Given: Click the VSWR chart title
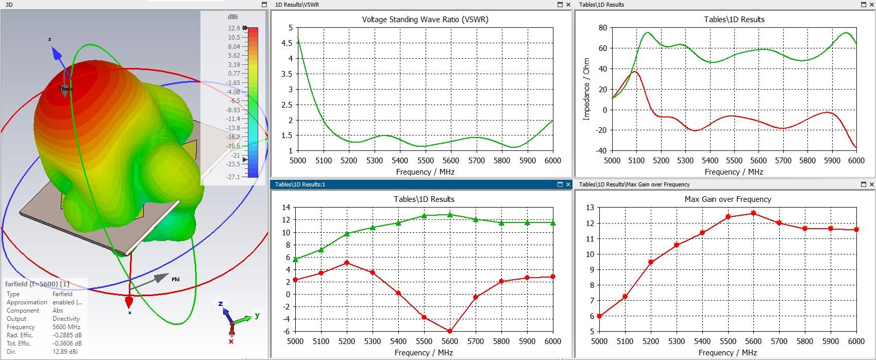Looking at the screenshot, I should [425, 20].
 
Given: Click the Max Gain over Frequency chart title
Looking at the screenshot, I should [728, 199].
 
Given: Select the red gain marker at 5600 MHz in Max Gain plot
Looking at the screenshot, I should [753, 213].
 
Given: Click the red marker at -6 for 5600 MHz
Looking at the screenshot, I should [450, 331].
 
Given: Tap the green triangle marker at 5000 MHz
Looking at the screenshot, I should [295, 260].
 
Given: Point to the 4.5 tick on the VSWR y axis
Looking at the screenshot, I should [286, 43].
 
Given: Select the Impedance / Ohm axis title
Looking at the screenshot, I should [586, 89].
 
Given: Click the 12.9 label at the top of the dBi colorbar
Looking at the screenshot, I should [233, 28].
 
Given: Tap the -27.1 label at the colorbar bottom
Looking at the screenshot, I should [233, 177].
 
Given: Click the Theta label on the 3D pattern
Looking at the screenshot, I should [66, 89].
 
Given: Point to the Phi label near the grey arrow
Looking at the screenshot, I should [176, 279].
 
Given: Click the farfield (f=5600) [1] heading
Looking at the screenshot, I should [37, 284].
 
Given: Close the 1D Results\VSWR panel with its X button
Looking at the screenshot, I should [568, 5].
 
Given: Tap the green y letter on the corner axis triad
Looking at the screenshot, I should [257, 315].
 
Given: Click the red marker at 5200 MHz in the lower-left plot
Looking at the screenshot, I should [347, 263].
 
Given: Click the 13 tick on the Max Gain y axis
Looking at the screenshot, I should [590, 208].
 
